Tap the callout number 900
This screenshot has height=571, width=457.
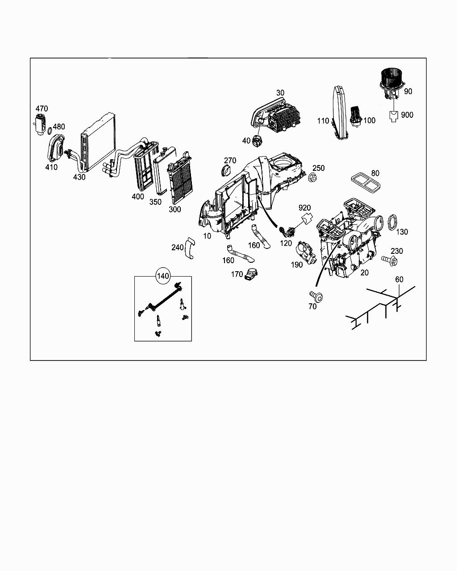pyautogui.click(x=407, y=115)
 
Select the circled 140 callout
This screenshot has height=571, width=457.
pyautogui.click(x=163, y=276)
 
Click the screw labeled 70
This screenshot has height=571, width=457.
pyautogui.click(x=316, y=295)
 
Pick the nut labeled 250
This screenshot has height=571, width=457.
pyautogui.click(x=312, y=177)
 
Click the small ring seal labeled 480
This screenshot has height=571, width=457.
pyautogui.click(x=50, y=131)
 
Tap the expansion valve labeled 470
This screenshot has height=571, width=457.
pyautogui.click(x=40, y=124)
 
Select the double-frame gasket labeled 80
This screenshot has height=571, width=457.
pyautogui.click(x=366, y=183)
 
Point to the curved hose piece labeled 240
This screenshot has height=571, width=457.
pyautogui.click(x=190, y=248)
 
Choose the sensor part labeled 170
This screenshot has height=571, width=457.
pyautogui.click(x=251, y=273)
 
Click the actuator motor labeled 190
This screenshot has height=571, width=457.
pyautogui.click(x=306, y=252)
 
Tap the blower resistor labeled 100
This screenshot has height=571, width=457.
pyautogui.click(x=356, y=116)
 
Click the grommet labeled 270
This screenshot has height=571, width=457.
pyautogui.click(x=226, y=170)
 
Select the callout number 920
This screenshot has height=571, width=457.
pyautogui.click(x=304, y=207)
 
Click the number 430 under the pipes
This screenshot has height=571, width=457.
pyautogui.click(x=79, y=177)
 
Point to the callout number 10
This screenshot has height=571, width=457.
pyautogui.click(x=207, y=236)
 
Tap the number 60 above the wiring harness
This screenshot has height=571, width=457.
pyautogui.click(x=399, y=279)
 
